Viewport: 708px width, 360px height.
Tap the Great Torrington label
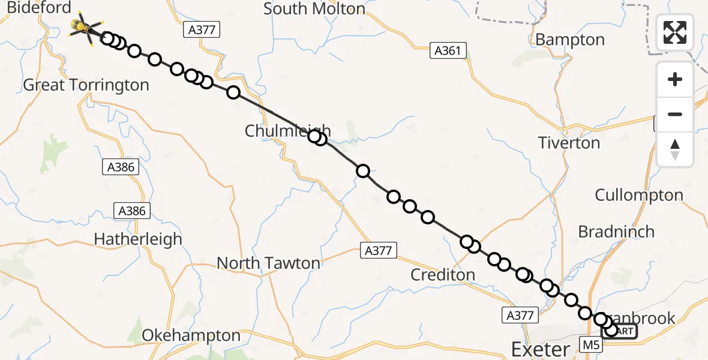coord(86,85)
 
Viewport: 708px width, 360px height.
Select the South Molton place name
coord(314,8)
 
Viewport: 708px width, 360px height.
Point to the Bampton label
coord(570,40)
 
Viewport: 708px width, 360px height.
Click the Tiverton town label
coord(569,143)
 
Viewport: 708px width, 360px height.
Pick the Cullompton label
coord(639,195)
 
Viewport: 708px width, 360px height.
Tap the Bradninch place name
coord(616,232)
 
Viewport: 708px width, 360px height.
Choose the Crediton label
coord(443,275)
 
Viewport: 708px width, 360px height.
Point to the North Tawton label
coord(268,263)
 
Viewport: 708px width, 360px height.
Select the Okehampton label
coord(191,335)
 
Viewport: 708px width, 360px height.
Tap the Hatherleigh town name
coord(137,239)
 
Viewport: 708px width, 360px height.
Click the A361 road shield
coord(448,51)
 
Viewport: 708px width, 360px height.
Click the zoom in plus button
coord(675,79)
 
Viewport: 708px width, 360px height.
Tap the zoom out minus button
coord(675,114)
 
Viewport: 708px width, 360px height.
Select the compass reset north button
coord(675,149)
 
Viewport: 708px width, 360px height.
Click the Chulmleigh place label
coord(287,131)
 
